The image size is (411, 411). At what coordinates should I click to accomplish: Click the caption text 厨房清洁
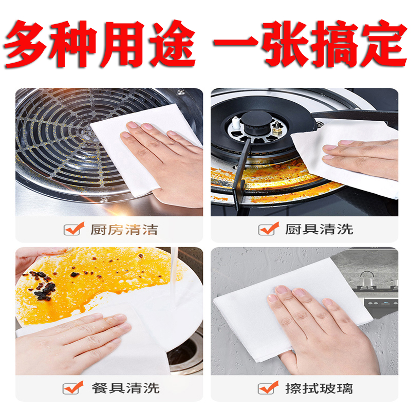[124, 230]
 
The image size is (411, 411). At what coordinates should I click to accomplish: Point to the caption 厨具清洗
[319, 229]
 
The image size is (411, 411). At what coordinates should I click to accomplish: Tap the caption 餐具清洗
[125, 388]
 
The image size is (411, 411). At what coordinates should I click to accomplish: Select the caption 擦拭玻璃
[319, 388]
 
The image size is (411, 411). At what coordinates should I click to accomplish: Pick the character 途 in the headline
[172, 44]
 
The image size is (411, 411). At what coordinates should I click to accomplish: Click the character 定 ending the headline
[383, 44]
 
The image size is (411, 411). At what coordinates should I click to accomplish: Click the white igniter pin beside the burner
[236, 122]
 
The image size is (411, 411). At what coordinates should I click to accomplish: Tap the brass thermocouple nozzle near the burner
[277, 128]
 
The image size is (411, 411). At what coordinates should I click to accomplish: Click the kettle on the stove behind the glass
[366, 280]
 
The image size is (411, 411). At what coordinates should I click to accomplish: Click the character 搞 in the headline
[335, 44]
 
